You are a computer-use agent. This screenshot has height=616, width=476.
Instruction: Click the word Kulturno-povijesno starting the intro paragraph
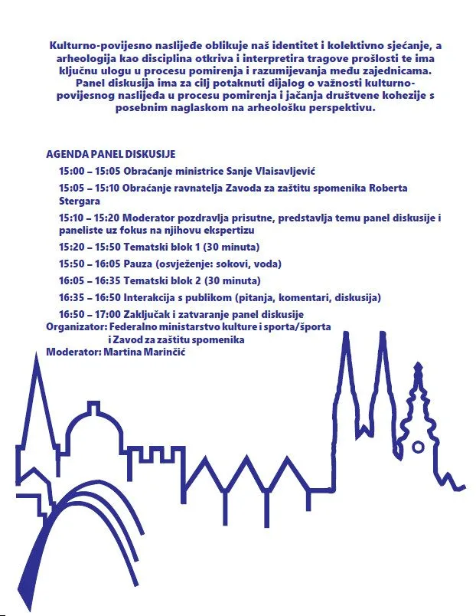pos(97,46)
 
